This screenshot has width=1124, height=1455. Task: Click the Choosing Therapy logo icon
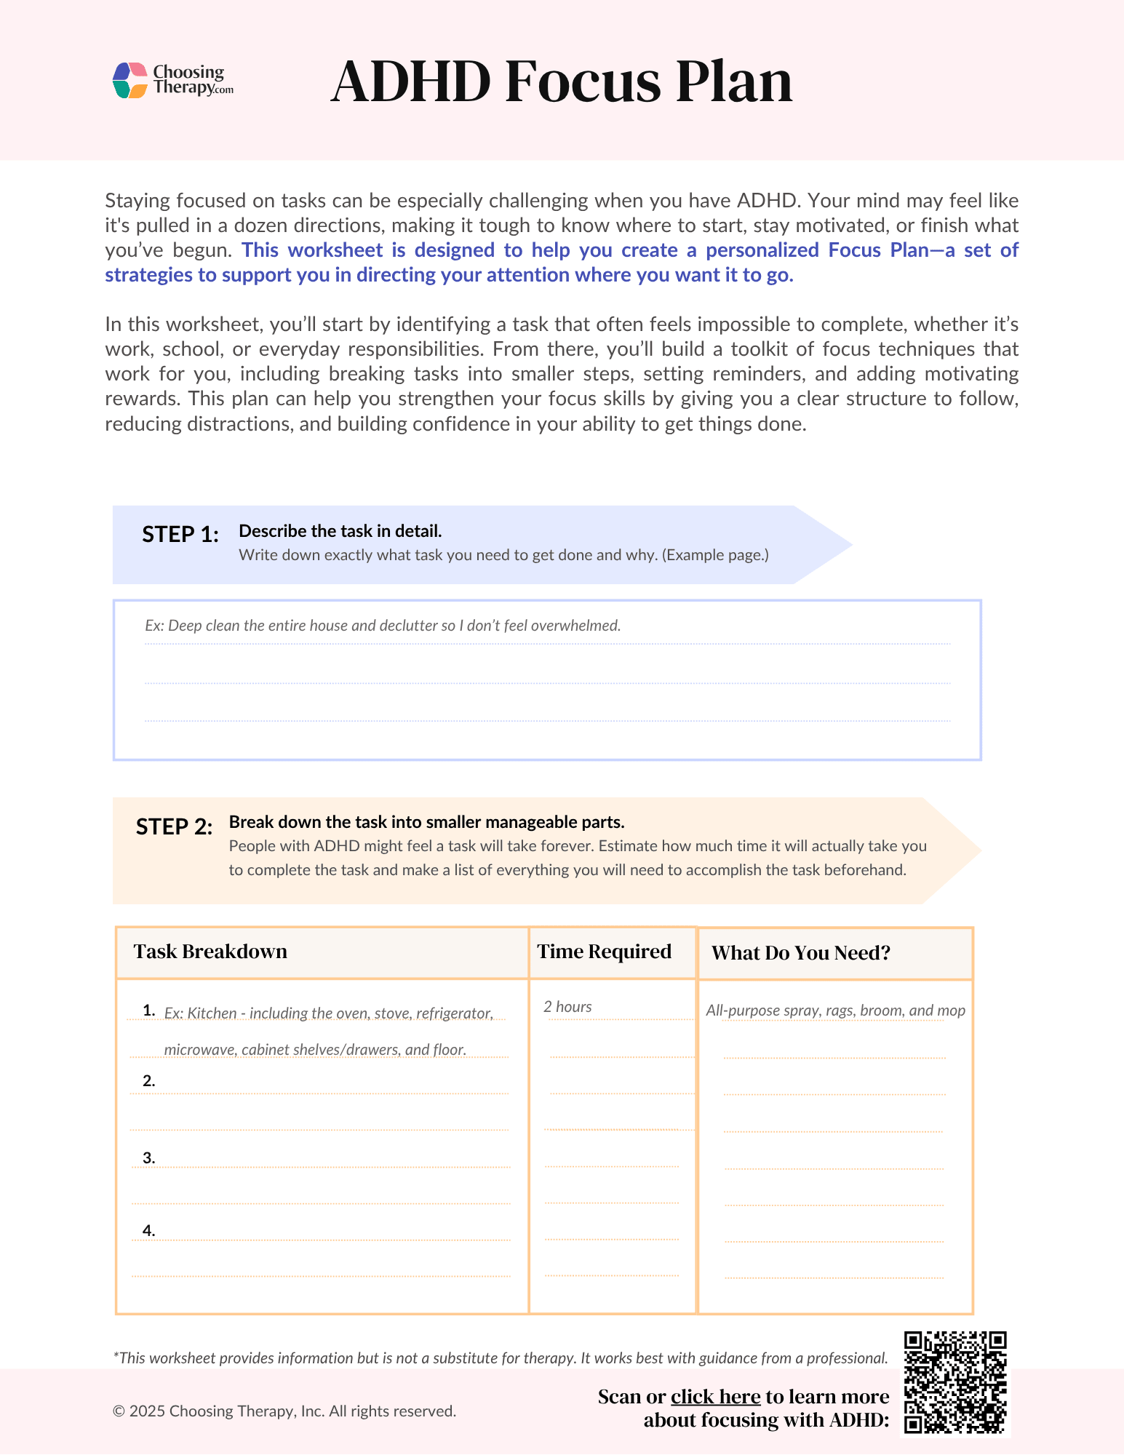tap(131, 80)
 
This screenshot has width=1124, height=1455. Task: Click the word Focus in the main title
tap(582, 81)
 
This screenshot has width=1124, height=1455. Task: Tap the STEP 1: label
tap(180, 535)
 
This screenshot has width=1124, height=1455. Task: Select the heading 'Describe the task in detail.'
tap(340, 531)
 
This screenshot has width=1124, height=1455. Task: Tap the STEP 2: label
tap(174, 827)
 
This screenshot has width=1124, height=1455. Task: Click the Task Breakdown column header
tap(210, 952)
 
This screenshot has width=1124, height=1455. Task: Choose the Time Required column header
tap(604, 952)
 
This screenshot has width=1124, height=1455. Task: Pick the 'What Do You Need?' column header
tap(800, 953)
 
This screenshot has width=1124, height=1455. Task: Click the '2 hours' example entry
tap(567, 1007)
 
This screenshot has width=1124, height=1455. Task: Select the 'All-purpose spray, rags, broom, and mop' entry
tap(835, 1010)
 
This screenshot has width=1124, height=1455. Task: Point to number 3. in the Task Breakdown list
tap(149, 1158)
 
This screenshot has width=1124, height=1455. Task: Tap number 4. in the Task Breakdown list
tap(149, 1231)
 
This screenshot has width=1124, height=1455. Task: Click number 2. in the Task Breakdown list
tap(149, 1081)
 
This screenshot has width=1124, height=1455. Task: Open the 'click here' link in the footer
tap(715, 1397)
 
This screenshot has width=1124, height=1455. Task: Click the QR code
tap(954, 1382)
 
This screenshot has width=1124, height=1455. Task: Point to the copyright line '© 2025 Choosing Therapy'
tap(284, 1411)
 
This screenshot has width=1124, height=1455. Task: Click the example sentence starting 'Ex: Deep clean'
tap(382, 626)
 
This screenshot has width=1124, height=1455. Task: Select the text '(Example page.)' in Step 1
tap(715, 555)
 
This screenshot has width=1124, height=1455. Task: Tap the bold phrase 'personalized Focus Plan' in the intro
tap(816, 250)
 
